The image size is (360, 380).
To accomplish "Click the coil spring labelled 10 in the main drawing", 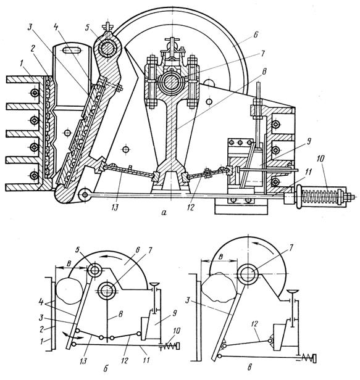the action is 320,194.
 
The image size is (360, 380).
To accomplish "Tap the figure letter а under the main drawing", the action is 164,213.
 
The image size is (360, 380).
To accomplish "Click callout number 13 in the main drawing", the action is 115,208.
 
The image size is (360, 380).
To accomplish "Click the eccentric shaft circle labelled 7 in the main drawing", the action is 172,83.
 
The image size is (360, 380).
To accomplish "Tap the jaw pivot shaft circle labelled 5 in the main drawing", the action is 107,48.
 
